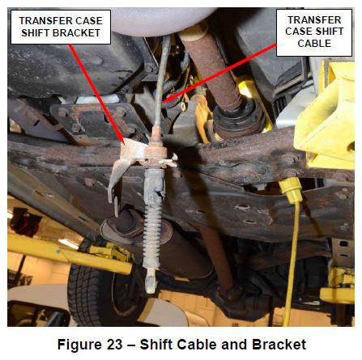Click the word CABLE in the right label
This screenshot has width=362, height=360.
(x=314, y=43)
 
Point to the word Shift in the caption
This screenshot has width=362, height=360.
(x=156, y=345)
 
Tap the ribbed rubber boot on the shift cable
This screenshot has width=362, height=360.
(x=152, y=237)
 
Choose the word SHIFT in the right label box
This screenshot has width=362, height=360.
(x=331, y=32)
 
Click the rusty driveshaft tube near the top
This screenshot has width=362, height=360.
(x=213, y=67)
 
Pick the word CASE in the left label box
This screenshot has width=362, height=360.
(x=89, y=21)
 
